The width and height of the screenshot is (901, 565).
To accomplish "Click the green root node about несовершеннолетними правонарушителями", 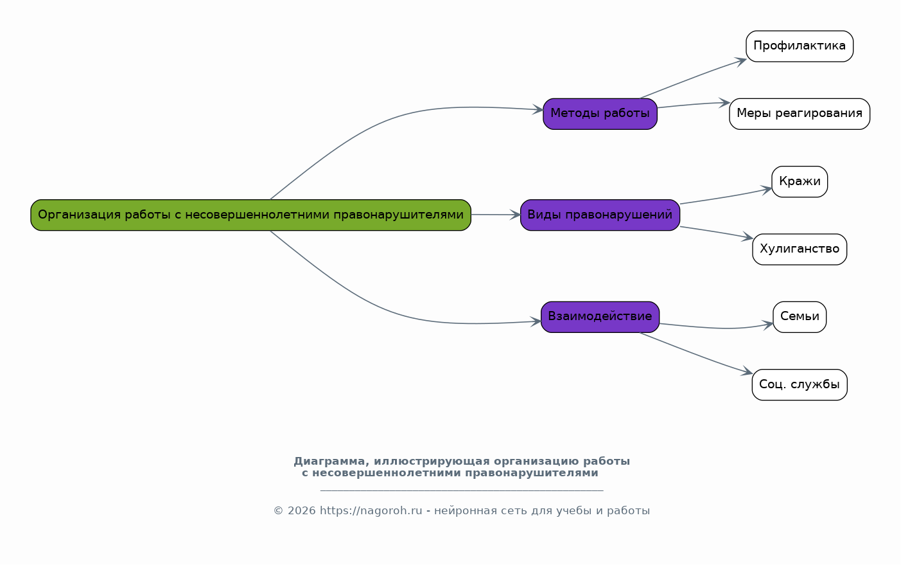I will coord(250,215).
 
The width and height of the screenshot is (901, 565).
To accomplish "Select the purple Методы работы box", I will coord(600,114).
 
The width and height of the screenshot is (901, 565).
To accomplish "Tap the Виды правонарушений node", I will coord(600,215).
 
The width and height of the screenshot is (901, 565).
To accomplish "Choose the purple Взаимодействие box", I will coord(600,316).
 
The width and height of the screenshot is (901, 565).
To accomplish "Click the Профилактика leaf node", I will coord(799,46).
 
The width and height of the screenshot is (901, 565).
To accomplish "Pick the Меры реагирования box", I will coord(799,114).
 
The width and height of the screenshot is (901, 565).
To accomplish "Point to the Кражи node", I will coord(799,181).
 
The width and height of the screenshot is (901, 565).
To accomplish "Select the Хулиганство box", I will coord(799,249).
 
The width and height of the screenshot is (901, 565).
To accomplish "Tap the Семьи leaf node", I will coord(799,316).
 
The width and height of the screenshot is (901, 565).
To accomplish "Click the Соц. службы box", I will coord(799,384).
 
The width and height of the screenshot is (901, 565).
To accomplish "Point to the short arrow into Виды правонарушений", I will coord(495,215).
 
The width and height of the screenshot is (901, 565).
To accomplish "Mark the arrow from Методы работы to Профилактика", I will coord(694,78).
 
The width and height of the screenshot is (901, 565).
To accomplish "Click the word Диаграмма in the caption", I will coord(327,462).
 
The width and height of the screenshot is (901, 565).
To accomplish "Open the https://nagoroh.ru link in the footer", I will coord(371,511).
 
